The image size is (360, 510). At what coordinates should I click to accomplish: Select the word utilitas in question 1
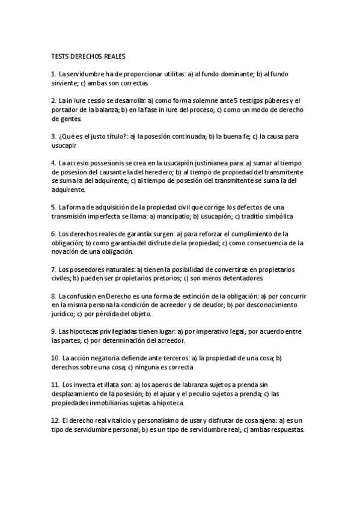tap(172, 74)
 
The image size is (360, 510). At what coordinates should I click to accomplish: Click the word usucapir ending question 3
tap(64, 145)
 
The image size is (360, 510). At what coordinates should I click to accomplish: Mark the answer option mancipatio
tap(173, 216)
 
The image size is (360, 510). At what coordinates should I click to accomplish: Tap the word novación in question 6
tap(64, 251)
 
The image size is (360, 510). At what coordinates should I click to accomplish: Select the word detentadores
tap(242, 278)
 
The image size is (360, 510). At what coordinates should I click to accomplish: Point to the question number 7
tap(54, 269)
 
